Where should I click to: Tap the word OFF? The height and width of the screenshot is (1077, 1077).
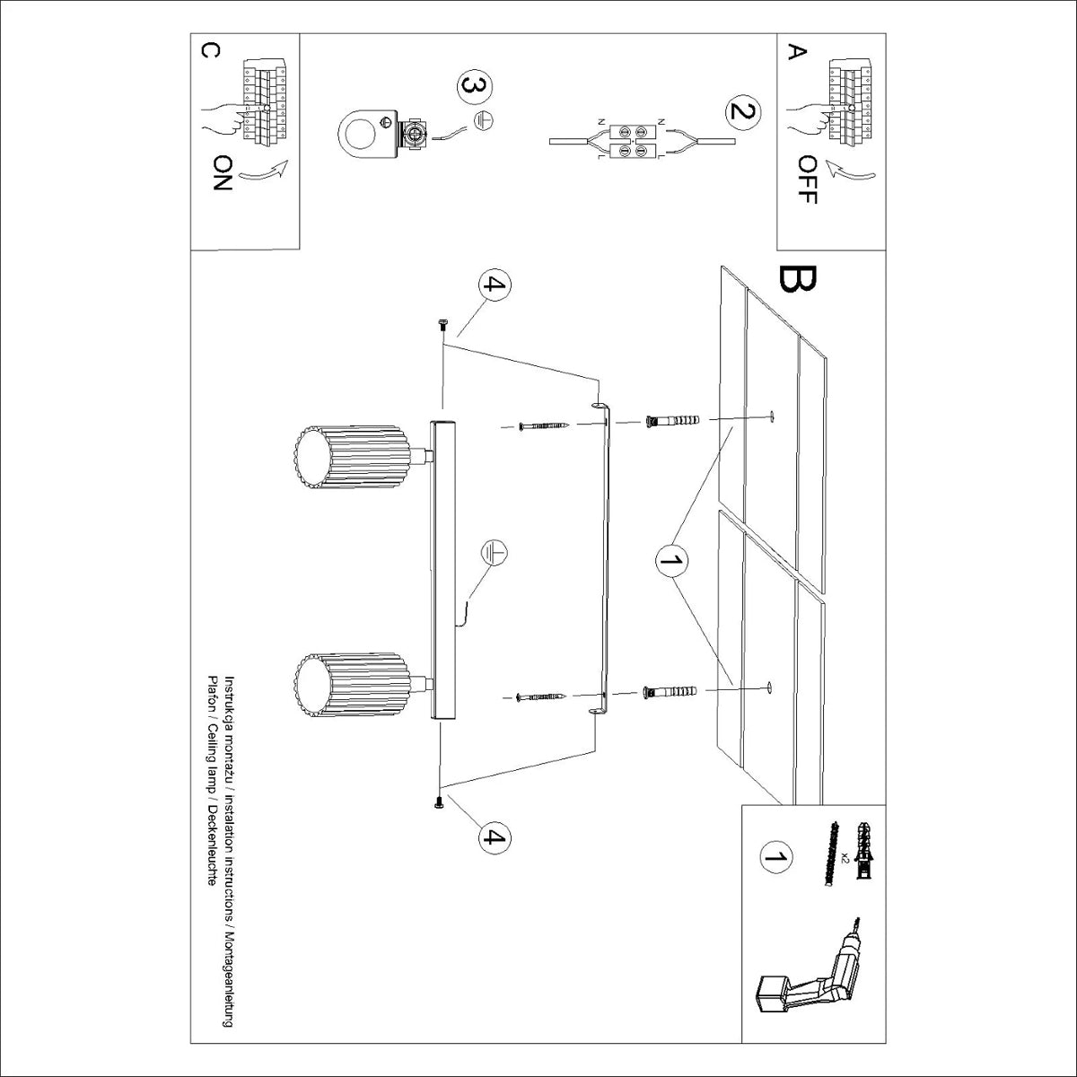click(x=807, y=179)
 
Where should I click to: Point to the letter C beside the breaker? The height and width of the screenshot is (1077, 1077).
click(x=207, y=51)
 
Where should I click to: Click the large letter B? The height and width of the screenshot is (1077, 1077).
click(x=797, y=280)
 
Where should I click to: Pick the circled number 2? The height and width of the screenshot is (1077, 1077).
click(x=741, y=113)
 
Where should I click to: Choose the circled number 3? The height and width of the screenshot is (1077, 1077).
click(x=475, y=86)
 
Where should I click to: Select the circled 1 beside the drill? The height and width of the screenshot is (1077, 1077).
click(x=775, y=856)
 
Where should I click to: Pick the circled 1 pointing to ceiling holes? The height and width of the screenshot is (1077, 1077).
click(x=670, y=561)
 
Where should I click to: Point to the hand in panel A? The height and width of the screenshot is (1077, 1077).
click(x=808, y=119)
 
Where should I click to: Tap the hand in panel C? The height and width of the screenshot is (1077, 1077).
click(x=220, y=118)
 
